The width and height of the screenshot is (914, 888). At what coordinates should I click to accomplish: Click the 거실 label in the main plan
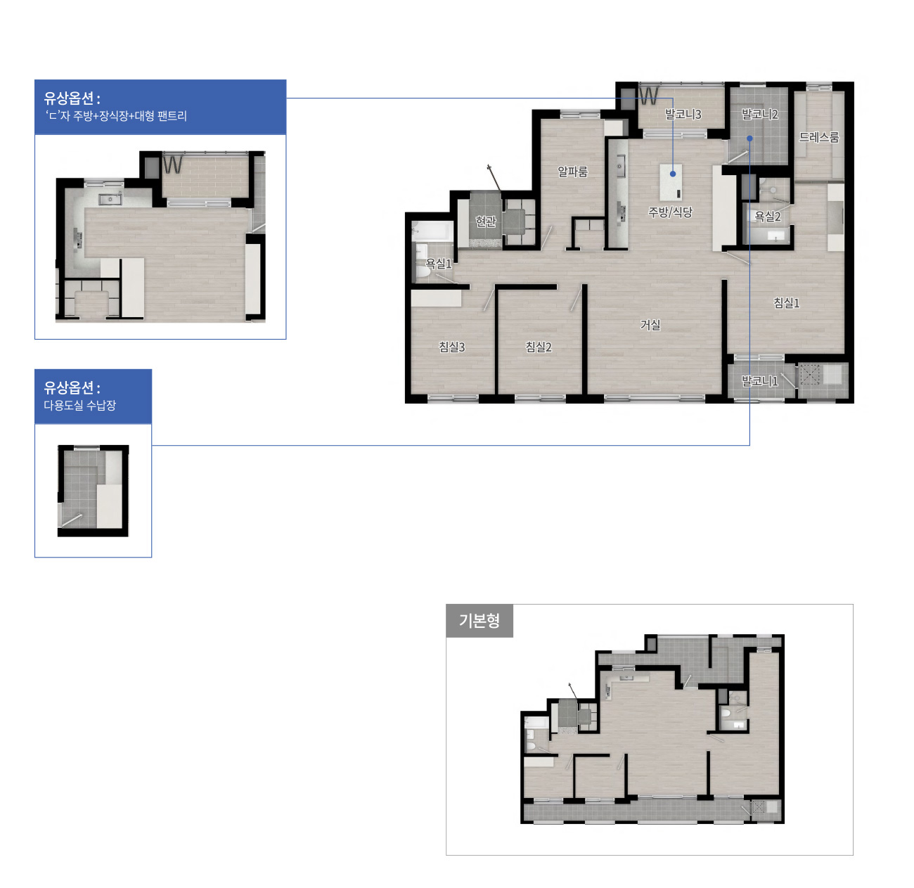[650, 325]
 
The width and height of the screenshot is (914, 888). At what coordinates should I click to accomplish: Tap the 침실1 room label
[786, 303]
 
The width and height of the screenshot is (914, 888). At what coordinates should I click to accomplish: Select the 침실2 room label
[539, 347]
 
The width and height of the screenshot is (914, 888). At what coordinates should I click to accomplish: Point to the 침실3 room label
[451, 347]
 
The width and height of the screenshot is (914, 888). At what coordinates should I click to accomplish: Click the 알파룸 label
[572, 172]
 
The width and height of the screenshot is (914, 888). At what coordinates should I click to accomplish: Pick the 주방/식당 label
[670, 212]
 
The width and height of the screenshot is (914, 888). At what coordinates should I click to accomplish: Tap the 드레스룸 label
[818, 137]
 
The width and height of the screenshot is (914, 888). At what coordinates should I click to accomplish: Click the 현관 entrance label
[486, 221]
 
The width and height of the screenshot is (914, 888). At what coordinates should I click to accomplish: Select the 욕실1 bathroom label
[438, 264]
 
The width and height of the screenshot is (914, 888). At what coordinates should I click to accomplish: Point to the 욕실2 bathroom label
[768, 216]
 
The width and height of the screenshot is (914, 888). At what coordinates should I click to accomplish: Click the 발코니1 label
[759, 381]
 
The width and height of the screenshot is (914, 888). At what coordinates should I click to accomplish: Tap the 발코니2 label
[759, 114]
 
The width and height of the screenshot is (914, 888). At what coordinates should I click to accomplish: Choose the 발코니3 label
[683, 114]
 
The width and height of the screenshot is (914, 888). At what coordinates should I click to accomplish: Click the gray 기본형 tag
[479, 620]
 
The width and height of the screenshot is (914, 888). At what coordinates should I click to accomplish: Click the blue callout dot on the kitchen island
[673, 174]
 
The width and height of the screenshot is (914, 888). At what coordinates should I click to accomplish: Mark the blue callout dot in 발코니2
[749, 138]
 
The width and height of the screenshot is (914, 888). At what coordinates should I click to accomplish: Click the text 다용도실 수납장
[80, 405]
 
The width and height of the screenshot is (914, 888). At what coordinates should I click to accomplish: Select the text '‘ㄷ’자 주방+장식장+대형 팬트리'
[116, 115]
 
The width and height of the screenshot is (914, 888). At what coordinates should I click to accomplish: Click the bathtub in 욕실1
[432, 231]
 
